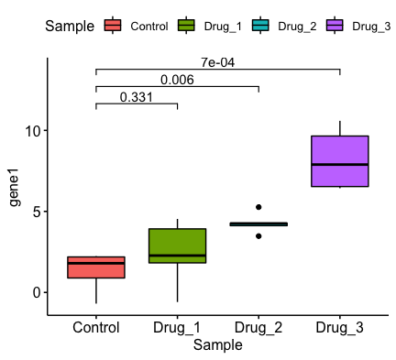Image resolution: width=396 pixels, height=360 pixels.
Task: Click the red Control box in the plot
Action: (96, 267)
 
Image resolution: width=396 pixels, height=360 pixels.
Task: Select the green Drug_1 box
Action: (177, 245)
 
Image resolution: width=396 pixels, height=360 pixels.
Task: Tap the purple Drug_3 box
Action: (339, 161)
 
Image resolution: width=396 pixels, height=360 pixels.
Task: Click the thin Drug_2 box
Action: (258, 224)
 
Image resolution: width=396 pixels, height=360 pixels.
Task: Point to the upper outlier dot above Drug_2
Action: (258, 208)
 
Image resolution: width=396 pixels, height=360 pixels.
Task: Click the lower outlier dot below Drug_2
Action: (258, 236)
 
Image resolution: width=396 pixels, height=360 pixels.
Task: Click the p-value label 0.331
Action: (136, 97)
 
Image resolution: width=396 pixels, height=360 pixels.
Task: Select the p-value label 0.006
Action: (177, 81)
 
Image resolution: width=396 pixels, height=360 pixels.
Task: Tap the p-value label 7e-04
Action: (218, 63)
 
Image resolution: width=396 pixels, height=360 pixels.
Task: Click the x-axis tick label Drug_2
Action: (258, 328)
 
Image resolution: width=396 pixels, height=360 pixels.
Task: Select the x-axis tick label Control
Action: (96, 328)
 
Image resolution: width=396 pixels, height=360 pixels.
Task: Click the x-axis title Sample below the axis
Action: (218, 346)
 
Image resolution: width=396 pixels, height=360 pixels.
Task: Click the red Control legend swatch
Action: (113, 26)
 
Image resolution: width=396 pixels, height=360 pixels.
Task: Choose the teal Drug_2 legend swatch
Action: (259, 26)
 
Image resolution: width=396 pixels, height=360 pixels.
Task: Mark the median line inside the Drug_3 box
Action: (339, 165)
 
